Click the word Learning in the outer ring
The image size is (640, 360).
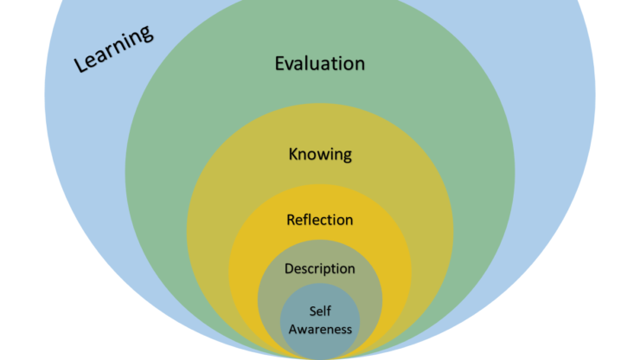[x=113, y=48]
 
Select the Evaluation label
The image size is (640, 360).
[x=319, y=63]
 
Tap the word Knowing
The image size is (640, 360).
[x=319, y=155]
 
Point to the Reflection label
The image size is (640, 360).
[x=319, y=220]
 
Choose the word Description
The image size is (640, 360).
[x=319, y=268]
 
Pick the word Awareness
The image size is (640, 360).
[x=320, y=329]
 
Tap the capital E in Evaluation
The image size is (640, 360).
[x=280, y=63]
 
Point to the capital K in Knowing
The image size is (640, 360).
[x=293, y=155]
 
